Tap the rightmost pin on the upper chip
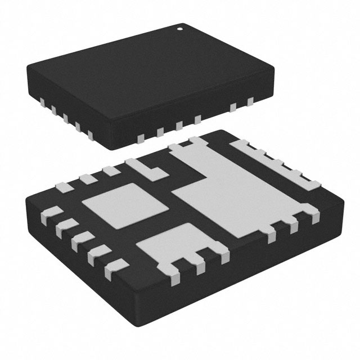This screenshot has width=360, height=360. pyautogui.click(x=250, y=102)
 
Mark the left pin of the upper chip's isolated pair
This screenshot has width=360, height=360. pyautogui.click(x=233, y=107)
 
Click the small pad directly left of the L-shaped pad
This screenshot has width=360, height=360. pyautogui.click(x=109, y=170)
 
